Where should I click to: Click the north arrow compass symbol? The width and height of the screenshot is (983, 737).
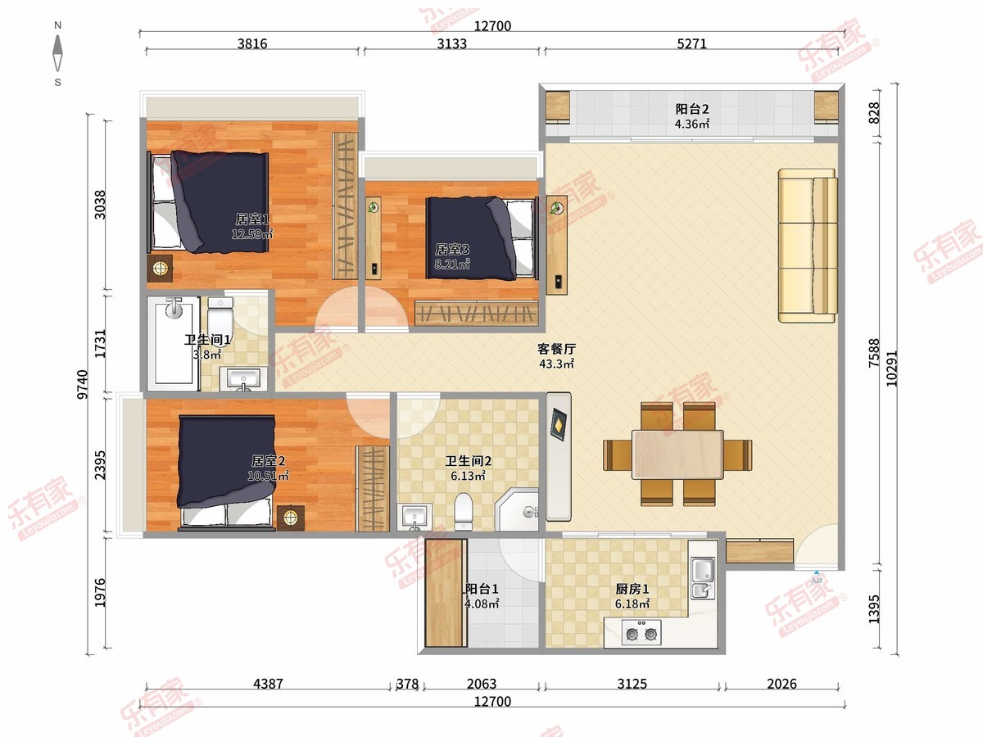(x=58, y=53)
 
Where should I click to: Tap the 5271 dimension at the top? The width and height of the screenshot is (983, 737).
(x=691, y=44)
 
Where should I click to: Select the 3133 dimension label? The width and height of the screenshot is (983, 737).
(x=452, y=44)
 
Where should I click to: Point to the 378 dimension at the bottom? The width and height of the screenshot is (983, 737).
(x=407, y=684)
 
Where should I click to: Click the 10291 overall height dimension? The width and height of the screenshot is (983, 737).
(x=891, y=368)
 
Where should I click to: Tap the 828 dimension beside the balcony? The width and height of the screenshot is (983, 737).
(x=874, y=113)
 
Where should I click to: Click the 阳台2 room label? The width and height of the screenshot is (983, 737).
(x=692, y=109)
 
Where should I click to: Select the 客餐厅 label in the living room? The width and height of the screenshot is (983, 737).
(x=557, y=349)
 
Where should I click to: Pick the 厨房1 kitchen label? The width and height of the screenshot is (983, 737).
(x=632, y=589)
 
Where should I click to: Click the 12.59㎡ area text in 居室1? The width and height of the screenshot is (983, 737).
(x=252, y=234)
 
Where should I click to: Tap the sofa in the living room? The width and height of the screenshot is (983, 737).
(x=808, y=246)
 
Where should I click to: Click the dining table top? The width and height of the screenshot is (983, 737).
(x=677, y=454)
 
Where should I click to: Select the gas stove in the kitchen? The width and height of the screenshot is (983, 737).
(x=641, y=632)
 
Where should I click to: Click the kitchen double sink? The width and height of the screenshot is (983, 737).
(x=703, y=578)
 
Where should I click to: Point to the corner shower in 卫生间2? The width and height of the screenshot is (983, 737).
(x=517, y=509)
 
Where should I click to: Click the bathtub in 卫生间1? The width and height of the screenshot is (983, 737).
(x=173, y=343)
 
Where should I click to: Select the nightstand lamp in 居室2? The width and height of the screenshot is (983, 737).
(x=291, y=518)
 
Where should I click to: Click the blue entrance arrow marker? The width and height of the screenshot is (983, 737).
(x=817, y=572)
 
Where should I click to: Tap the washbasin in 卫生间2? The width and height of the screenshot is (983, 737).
(x=415, y=517)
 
